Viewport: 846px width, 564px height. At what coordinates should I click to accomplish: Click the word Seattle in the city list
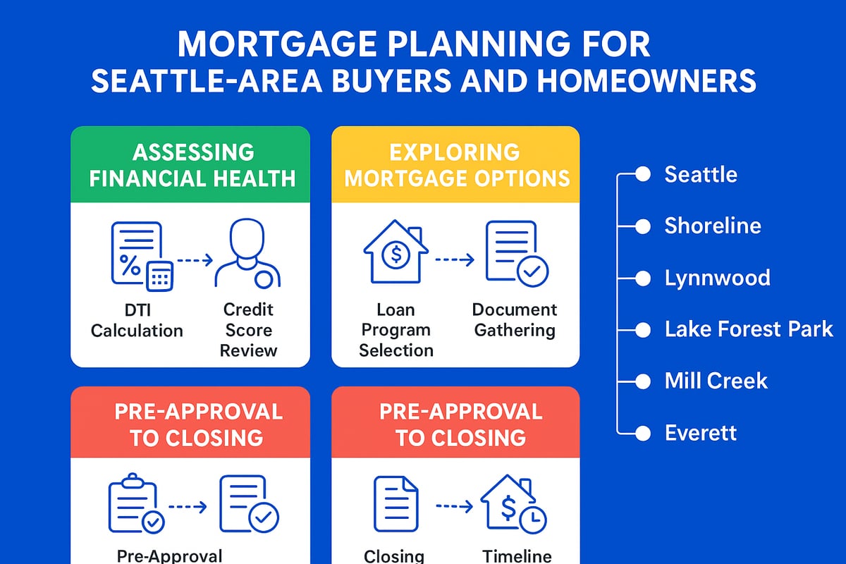(x=701, y=174)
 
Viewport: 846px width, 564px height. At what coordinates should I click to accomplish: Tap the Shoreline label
(x=713, y=226)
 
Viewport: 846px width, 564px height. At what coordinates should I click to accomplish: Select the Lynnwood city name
(x=717, y=277)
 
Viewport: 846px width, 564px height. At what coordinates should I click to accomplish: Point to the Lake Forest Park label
(x=749, y=329)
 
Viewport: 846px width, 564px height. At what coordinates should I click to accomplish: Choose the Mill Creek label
(x=716, y=381)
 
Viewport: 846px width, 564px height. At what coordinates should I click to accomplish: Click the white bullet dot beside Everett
(x=642, y=432)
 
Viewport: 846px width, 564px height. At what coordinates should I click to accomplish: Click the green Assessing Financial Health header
(x=190, y=165)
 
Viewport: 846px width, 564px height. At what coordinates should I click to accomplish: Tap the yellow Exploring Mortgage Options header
(x=455, y=165)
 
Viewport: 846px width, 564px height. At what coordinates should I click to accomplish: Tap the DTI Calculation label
(x=137, y=320)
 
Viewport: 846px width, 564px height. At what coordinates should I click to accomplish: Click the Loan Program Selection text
(x=396, y=329)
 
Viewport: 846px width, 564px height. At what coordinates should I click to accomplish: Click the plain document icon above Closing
(x=396, y=503)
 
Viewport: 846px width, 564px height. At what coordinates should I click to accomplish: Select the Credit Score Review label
(x=248, y=329)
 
